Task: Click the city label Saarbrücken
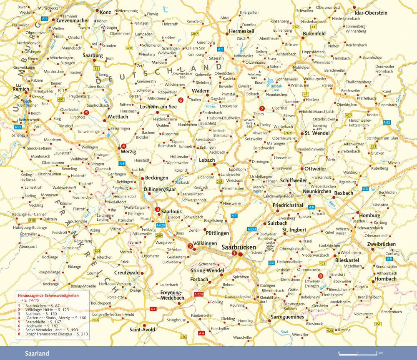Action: click(x=239, y=247)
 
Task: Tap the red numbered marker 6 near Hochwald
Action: click(x=181, y=100)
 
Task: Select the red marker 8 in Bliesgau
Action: click(x=320, y=276)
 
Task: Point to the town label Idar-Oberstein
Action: click(x=371, y=13)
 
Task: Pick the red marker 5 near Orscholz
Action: click(x=86, y=112)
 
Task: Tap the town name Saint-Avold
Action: click(x=142, y=330)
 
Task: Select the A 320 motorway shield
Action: click(x=198, y=295)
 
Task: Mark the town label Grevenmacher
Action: click(x=73, y=20)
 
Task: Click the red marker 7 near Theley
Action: click(x=262, y=108)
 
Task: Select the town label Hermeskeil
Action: click(x=242, y=32)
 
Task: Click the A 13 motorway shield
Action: click(x=18, y=127)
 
